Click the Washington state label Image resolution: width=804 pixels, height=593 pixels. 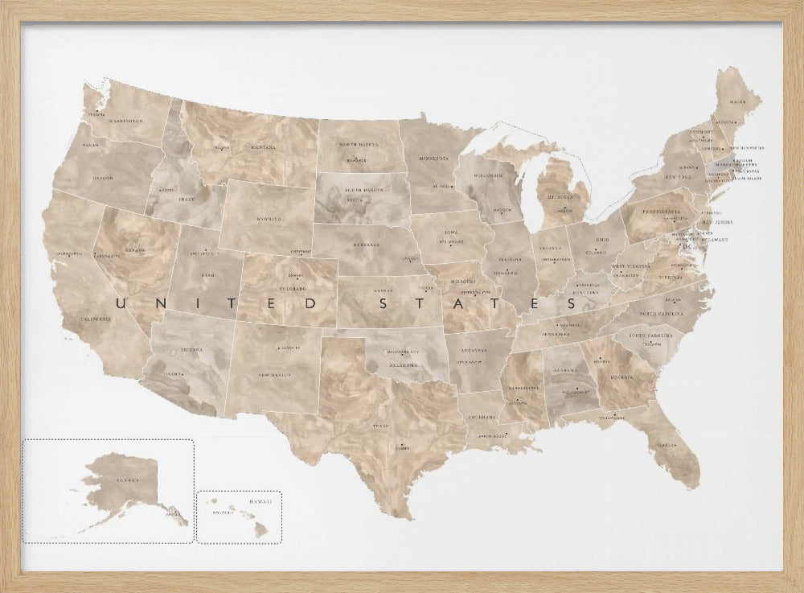pyautogui.click(x=126, y=121)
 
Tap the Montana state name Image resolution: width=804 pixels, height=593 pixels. pyautogui.click(x=262, y=147)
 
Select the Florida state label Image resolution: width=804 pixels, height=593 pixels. pyautogui.click(x=666, y=445)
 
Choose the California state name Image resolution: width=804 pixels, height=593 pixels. pyautogui.click(x=96, y=319)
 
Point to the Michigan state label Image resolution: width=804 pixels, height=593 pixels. pyautogui.click(x=561, y=196)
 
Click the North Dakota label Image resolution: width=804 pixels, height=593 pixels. pyautogui.click(x=359, y=144)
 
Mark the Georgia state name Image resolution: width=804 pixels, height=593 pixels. pyautogui.click(x=620, y=376)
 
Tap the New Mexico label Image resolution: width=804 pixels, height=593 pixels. pyautogui.click(x=274, y=375)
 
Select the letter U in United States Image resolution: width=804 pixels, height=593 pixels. pyautogui.click(x=122, y=304)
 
